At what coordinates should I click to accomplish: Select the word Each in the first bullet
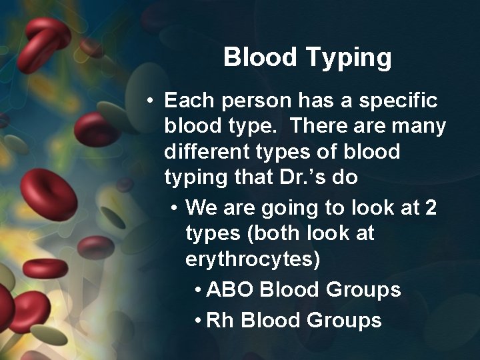pos(188,101)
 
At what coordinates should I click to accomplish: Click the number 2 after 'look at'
pos(431,208)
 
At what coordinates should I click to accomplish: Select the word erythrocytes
pos(253,260)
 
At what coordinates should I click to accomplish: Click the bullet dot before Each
pos(153,101)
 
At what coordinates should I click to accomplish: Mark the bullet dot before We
pos(173,209)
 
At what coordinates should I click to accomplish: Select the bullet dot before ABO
pos(199,291)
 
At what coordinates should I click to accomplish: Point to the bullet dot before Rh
pos(199,321)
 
